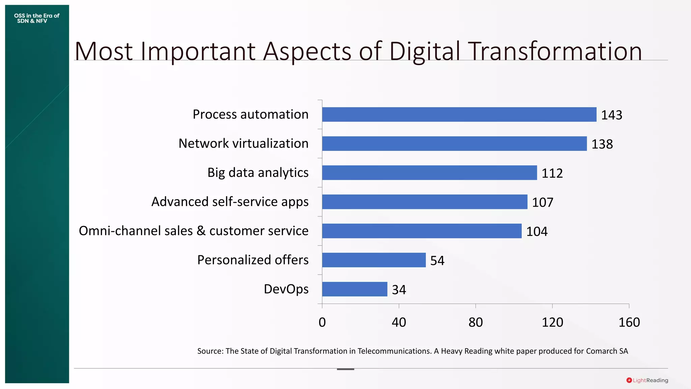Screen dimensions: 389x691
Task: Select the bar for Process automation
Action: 459,114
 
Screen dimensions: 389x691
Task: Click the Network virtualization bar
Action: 454,144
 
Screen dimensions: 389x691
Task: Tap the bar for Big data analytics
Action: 429,173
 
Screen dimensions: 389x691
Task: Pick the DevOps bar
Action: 355,289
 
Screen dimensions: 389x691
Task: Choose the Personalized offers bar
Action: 374,260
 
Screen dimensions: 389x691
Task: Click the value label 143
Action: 611,115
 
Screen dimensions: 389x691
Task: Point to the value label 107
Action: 543,202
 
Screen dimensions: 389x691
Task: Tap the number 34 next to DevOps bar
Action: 399,290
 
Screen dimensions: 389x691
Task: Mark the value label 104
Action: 537,232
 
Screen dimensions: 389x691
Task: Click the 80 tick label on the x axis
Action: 475,322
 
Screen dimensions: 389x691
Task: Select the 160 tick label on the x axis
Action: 629,322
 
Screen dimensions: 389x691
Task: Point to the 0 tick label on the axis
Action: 322,322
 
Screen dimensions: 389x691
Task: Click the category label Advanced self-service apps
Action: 230,202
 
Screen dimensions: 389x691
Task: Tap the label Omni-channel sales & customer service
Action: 193,231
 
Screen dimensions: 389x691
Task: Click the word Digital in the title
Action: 424,51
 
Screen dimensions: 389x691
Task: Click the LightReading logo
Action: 647,380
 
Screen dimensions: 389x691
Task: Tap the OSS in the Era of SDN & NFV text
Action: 36,18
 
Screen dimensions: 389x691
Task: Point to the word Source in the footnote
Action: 210,351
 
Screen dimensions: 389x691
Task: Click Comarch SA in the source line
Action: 607,351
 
